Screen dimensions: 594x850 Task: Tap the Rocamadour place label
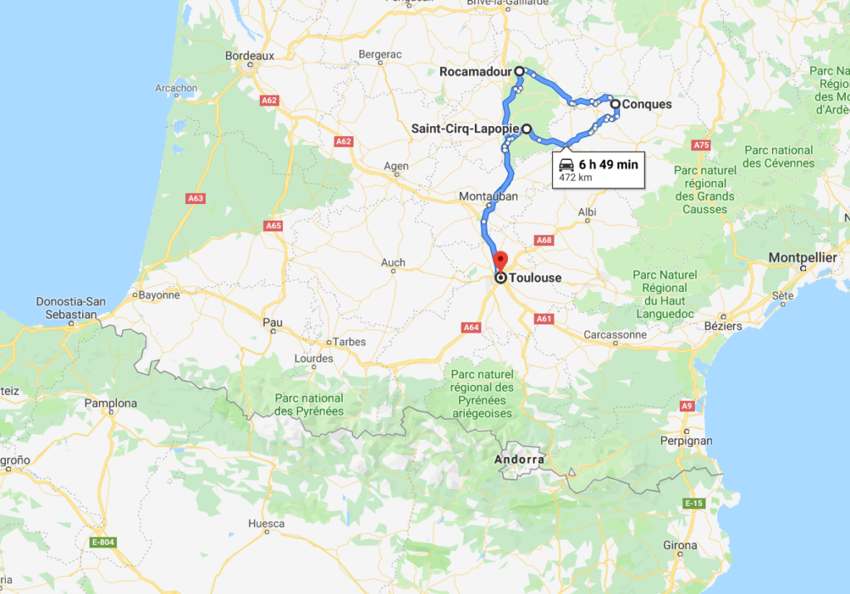tap(475, 72)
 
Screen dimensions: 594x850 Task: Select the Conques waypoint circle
tap(615, 105)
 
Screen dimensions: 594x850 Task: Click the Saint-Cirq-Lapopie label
tap(465, 129)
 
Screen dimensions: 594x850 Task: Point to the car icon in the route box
tap(566, 164)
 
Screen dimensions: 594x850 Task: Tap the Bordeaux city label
tap(249, 56)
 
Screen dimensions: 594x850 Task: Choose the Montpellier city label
tap(802, 258)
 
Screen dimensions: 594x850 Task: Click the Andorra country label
tap(520, 459)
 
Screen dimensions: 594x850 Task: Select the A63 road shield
tap(196, 198)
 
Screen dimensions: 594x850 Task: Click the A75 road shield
tap(701, 145)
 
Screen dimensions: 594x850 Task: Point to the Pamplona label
tap(110, 403)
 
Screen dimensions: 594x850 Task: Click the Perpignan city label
tap(686, 441)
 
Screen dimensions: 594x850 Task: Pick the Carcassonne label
tap(615, 335)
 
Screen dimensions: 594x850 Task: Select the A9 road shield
tap(686, 406)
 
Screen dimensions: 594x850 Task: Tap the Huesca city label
tap(266, 523)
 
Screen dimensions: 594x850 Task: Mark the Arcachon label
tap(176, 88)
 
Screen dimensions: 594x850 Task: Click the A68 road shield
tap(545, 241)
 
